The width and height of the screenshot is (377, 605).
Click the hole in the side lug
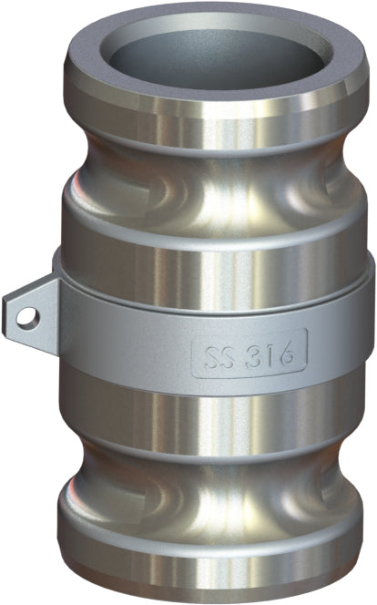click(30, 316)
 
